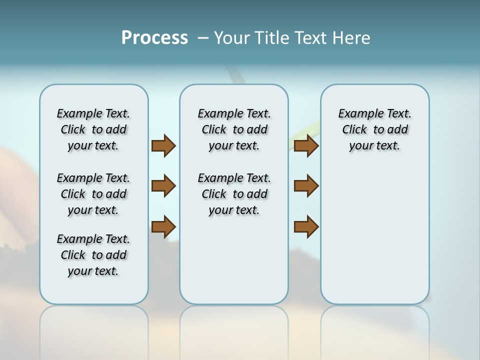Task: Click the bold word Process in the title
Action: pos(154,37)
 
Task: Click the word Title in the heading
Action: pos(270,37)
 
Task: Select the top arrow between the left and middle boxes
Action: pos(163,146)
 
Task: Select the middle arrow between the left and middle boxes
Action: pos(163,186)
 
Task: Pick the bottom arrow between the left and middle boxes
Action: pos(163,226)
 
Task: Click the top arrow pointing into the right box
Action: pos(306,146)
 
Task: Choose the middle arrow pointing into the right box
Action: pos(306,186)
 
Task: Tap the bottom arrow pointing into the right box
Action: pos(306,226)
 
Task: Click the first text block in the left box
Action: pos(93,129)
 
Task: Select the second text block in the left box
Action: pos(93,194)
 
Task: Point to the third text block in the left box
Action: pos(93,255)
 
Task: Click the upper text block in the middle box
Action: pos(234,129)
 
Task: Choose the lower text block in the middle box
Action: pos(234,194)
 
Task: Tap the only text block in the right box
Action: pos(374,129)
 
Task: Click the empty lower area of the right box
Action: pos(374,235)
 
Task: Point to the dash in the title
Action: pos(203,37)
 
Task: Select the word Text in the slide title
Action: pos(311,37)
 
